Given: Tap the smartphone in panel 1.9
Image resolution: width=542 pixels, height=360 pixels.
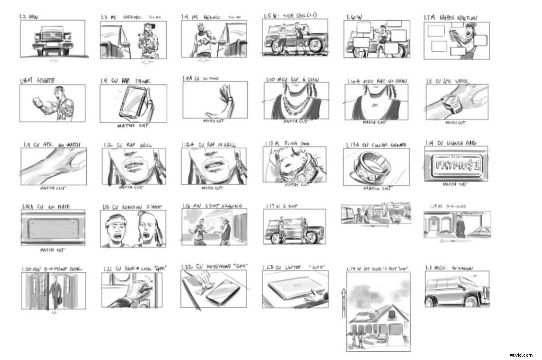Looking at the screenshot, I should [x=133, y=103].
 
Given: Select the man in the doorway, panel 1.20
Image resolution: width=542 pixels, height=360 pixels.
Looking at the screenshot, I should [x=53, y=293].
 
